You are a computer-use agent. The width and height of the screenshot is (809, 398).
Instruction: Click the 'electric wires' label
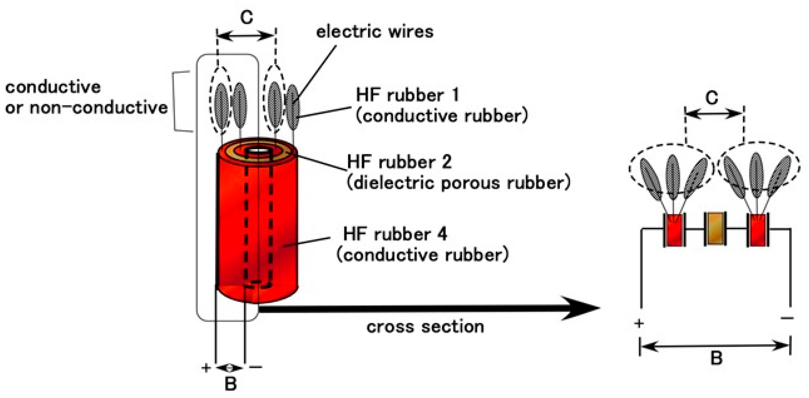pyautogui.click(x=374, y=32)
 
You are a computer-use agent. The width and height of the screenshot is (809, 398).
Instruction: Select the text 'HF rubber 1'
pyautogui.click(x=407, y=95)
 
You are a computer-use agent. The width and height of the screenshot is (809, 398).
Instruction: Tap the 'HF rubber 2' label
pyautogui.click(x=399, y=162)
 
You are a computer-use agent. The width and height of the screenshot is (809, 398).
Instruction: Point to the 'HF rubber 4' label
pyautogui.click(x=395, y=234)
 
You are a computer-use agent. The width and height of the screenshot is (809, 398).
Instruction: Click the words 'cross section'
pyautogui.click(x=425, y=327)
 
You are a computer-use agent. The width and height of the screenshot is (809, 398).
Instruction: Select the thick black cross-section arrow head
pyautogui.click(x=581, y=308)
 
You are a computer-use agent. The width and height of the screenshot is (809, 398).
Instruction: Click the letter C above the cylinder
pyautogui.click(x=247, y=17)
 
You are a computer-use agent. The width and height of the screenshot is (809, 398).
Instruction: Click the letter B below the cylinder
pyautogui.click(x=230, y=383)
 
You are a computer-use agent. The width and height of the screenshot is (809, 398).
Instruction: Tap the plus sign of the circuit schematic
pyautogui.click(x=639, y=323)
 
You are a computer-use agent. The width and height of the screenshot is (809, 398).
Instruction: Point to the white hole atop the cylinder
pyautogui.click(x=258, y=151)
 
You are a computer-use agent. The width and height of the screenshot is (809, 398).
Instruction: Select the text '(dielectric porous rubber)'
pyautogui.click(x=458, y=183)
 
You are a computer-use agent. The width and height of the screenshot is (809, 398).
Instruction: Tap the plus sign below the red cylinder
pyautogui.click(x=206, y=368)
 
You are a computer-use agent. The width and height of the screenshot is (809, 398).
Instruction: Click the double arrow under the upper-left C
pyautogui.click(x=246, y=36)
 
